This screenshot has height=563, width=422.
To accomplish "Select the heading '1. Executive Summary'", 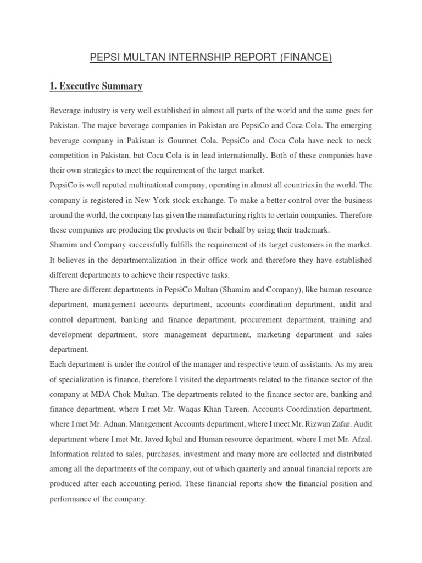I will (x=96, y=86).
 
